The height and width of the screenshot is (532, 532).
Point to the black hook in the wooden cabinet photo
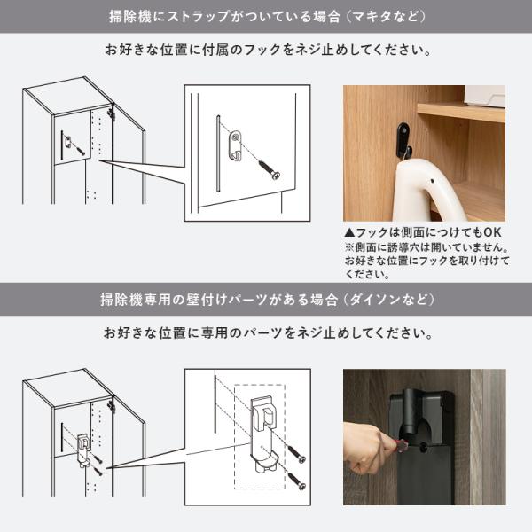tap(403, 138)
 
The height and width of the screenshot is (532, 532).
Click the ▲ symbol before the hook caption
tap(348, 230)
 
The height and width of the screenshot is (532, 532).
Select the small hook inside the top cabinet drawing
tap(68, 141)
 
